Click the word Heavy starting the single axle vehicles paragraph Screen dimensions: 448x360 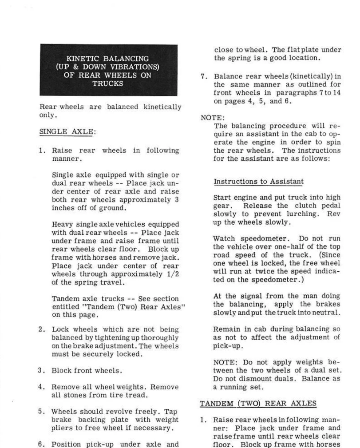[62, 224]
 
